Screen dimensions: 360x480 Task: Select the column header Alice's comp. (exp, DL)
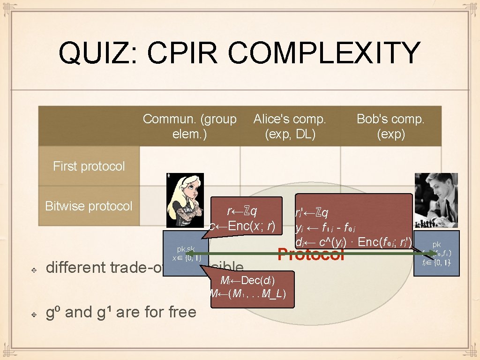290,127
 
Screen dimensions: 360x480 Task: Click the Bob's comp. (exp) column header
390,127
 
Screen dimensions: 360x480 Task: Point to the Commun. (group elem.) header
189,127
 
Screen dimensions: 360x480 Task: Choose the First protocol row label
89,166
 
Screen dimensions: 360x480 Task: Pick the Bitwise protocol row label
89,206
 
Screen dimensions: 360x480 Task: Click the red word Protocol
311,255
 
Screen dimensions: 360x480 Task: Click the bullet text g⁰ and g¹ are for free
121,312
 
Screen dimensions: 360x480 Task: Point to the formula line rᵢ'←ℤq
312,213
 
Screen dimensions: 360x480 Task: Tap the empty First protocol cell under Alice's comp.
290,166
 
